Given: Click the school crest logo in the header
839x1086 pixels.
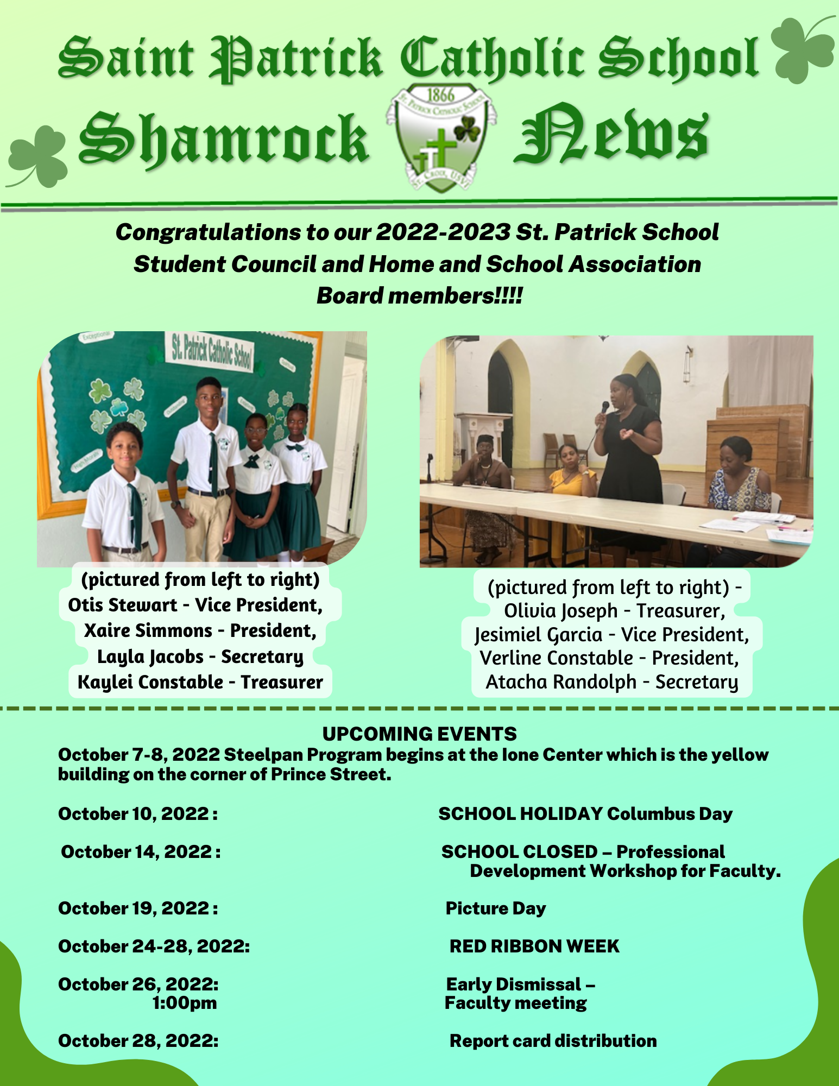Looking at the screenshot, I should [x=440, y=138].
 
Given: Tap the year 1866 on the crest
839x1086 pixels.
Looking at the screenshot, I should [x=440, y=95].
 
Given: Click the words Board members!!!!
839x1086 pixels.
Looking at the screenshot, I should [x=419, y=296].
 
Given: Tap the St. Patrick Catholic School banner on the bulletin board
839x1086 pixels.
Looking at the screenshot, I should [x=211, y=353].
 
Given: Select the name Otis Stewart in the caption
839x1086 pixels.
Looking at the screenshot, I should [x=123, y=605].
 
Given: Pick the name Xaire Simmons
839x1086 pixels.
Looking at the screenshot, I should [x=148, y=630].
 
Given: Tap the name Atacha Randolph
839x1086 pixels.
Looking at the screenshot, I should [x=561, y=682].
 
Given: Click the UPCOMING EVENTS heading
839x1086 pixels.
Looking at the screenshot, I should [x=419, y=734].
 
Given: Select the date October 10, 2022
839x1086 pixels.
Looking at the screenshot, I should [x=138, y=813].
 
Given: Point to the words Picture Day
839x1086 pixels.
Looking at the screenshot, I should [x=495, y=908].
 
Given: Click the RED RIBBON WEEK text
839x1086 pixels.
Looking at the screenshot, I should [x=534, y=946].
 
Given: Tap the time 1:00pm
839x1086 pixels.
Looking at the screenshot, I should [x=185, y=1003].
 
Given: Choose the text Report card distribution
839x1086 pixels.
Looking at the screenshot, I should [x=553, y=1040].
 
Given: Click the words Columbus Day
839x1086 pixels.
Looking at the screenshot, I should [x=670, y=813].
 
